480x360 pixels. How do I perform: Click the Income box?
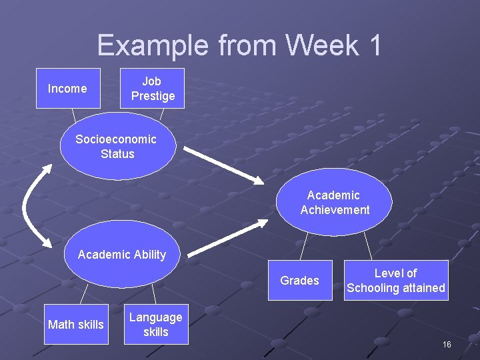(x=67, y=88)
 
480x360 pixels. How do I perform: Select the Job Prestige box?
(x=152, y=88)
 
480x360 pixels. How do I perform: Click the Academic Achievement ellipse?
(x=334, y=203)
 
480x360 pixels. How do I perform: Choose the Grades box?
(x=300, y=281)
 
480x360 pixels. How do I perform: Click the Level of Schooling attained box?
(x=396, y=281)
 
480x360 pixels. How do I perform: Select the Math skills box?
(x=76, y=325)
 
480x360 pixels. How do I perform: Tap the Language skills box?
(x=155, y=325)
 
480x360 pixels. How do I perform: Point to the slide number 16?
(x=446, y=344)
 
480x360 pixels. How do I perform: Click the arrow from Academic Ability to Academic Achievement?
(x=227, y=236)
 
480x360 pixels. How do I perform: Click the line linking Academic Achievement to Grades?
(x=304, y=247)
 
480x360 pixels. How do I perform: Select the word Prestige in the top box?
(x=153, y=96)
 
